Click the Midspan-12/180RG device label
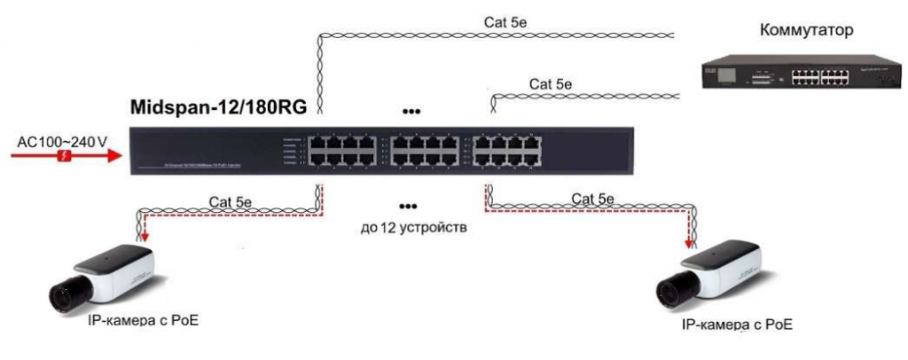(x=218, y=108)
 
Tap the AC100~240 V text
(x=62, y=141)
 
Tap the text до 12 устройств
(x=413, y=228)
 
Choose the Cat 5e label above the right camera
(x=593, y=199)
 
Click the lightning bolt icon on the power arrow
(x=64, y=156)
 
